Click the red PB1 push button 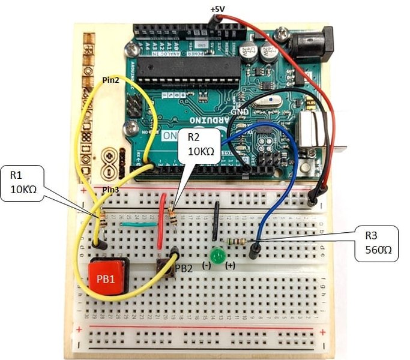pyautogui.click(x=109, y=277)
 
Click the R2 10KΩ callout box pyautogui.click(x=201, y=146)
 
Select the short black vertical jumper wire pyautogui.click(x=215, y=220)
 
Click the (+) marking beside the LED pyautogui.click(x=229, y=265)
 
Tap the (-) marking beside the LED pyautogui.click(x=206, y=265)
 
